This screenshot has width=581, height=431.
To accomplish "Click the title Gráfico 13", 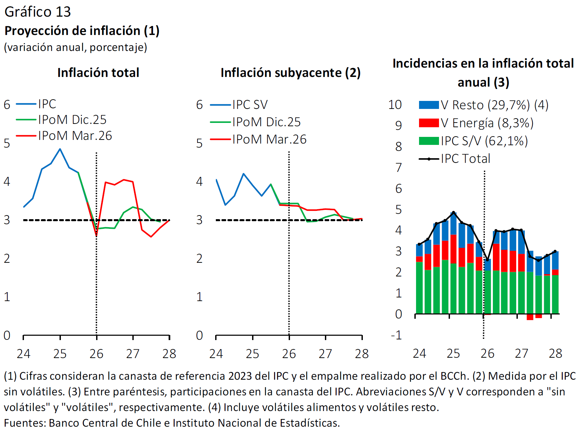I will point(38,12).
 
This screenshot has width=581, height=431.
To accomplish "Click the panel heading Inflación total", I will point(98,73).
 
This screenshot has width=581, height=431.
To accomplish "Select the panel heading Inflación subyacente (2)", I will point(290,73).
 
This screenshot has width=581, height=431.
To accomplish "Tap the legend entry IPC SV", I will point(250,105).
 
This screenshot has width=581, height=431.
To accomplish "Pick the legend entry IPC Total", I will point(465,159).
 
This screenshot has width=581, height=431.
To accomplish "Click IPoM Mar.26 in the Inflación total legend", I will point(75,136).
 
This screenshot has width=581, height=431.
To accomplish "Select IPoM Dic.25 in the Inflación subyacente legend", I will point(266,122).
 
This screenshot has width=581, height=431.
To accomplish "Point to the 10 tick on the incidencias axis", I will point(395,105).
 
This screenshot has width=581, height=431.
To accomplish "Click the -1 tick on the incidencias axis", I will point(396,335).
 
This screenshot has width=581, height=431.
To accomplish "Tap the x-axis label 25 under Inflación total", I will point(60,353).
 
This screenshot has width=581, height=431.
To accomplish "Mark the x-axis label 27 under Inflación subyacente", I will point(325,353).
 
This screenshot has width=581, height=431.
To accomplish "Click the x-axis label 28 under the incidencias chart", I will point(555,353).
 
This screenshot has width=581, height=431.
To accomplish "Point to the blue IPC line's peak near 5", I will point(60,149).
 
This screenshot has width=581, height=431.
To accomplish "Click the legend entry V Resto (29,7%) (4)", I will point(495,105).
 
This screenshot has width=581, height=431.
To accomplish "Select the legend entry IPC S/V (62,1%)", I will point(484,141).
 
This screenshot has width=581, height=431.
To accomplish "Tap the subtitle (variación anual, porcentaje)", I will point(75,47).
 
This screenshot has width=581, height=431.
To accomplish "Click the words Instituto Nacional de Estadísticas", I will point(256,423).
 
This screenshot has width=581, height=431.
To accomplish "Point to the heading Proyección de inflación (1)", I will point(82,31).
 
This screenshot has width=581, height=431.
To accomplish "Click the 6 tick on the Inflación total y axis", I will point(7,105).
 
